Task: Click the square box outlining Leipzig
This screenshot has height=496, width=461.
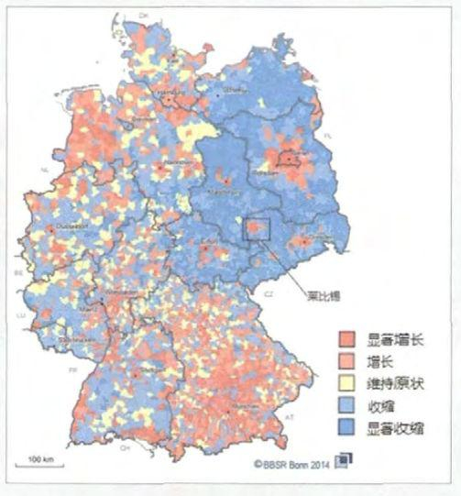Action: coord(257,225)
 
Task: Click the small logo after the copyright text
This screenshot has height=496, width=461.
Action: coord(343,462)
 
